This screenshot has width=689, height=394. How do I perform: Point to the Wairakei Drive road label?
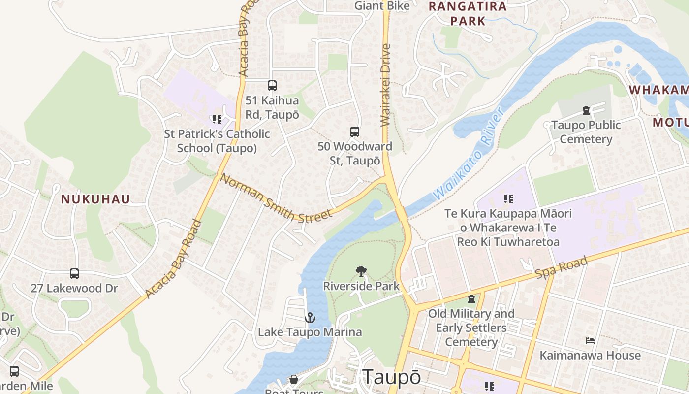point(385,85)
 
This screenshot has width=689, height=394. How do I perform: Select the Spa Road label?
point(562,269)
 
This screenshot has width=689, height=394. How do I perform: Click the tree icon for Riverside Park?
point(361,271)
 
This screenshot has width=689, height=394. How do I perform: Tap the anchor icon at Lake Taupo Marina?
point(310,318)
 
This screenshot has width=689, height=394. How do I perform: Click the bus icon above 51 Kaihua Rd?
point(272,86)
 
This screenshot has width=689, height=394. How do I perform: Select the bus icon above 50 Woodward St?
point(355,131)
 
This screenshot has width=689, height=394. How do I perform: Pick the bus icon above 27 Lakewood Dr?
point(74,273)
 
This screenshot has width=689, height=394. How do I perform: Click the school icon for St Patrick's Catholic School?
point(217,119)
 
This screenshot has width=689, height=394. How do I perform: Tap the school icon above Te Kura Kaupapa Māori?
point(508,199)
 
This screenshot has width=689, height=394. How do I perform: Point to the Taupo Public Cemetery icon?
point(586,110)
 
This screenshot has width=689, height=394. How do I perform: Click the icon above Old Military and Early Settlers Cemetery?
point(471,299)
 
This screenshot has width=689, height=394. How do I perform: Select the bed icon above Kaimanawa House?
point(590,340)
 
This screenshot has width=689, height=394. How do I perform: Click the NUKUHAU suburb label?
point(95,199)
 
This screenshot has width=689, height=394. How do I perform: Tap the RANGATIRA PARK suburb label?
point(467,14)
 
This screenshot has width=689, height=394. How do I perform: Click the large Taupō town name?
point(392,377)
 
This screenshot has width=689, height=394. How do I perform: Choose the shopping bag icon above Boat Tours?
point(294,379)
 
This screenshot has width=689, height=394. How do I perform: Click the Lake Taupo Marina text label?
point(310,332)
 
